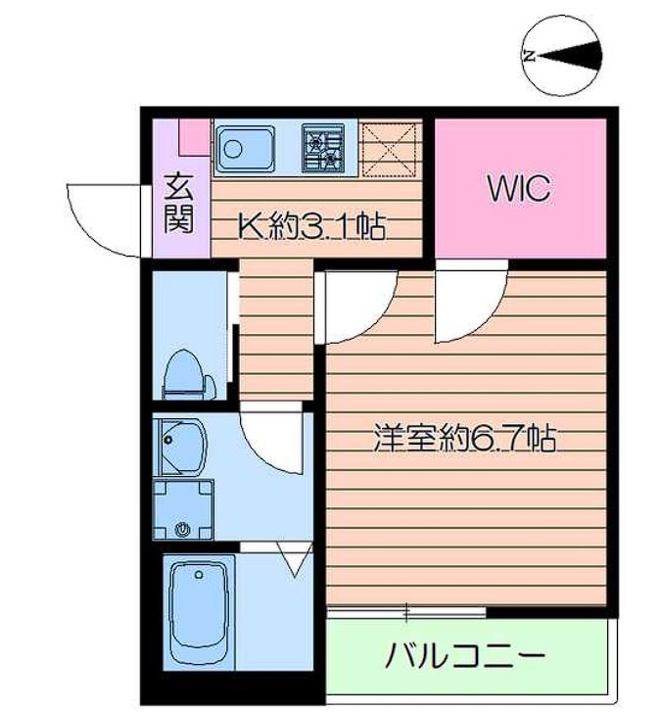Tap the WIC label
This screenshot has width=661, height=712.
[x=519, y=189]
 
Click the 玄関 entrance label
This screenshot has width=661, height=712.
[x=177, y=203]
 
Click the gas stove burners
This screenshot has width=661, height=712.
[x=324, y=148]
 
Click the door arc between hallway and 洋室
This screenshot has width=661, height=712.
[x=358, y=306]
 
